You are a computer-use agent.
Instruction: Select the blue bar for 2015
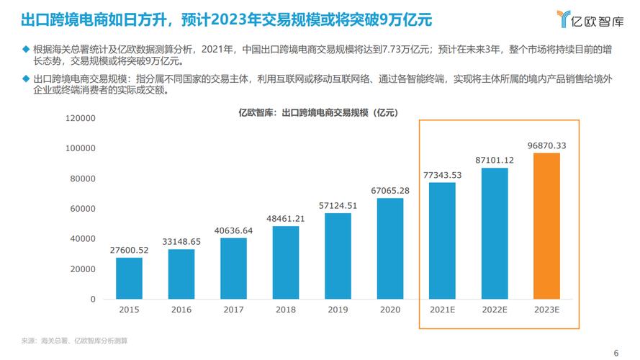pyautogui.click(x=130, y=278)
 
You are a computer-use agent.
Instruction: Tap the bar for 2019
pyautogui.click(x=338, y=256)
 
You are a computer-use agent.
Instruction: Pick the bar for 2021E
pyautogui.click(x=443, y=240)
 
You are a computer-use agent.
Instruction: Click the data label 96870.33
pyautogui.click(x=546, y=146)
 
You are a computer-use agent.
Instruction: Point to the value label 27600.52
pyautogui.click(x=130, y=251)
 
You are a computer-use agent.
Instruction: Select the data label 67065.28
pyautogui.click(x=390, y=191)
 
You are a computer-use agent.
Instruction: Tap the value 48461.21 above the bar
pyautogui.click(x=286, y=219)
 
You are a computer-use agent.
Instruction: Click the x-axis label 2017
pyautogui.click(x=234, y=309)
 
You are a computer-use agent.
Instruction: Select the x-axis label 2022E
pyautogui.click(x=495, y=309)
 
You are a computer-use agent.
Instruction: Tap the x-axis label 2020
pyautogui.click(x=390, y=309)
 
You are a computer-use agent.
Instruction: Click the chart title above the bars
pyautogui.click(x=318, y=113)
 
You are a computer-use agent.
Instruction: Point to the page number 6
pyautogui.click(x=616, y=352)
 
